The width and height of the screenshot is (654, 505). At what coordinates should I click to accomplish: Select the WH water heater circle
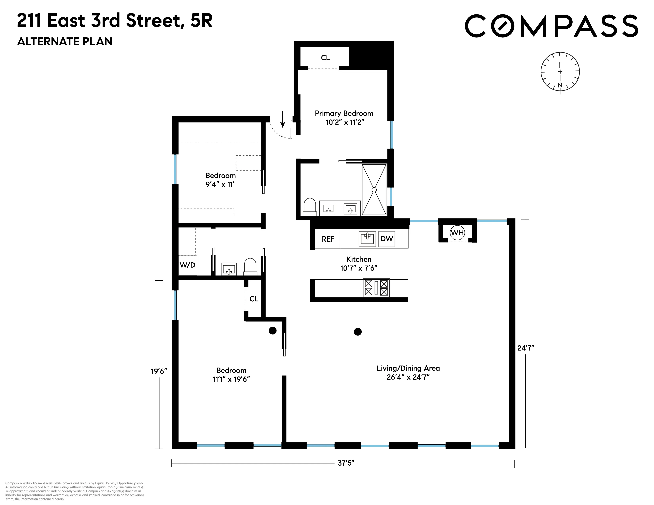(457, 232)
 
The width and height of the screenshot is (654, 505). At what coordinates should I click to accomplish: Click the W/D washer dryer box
(188, 265)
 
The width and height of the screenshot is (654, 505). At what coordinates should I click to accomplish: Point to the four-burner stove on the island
(376, 288)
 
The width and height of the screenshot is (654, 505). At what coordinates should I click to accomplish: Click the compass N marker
(560, 85)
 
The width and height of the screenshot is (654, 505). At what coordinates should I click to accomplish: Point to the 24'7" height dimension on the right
(526, 348)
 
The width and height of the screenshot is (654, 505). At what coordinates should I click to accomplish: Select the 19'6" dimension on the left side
(159, 371)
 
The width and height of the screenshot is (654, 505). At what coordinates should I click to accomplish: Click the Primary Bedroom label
(344, 114)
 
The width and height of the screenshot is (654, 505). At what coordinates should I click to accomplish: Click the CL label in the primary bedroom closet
(325, 58)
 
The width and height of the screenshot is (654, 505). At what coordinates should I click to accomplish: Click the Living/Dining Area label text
(408, 368)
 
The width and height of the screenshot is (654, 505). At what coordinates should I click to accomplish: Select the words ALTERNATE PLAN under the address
(65, 42)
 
